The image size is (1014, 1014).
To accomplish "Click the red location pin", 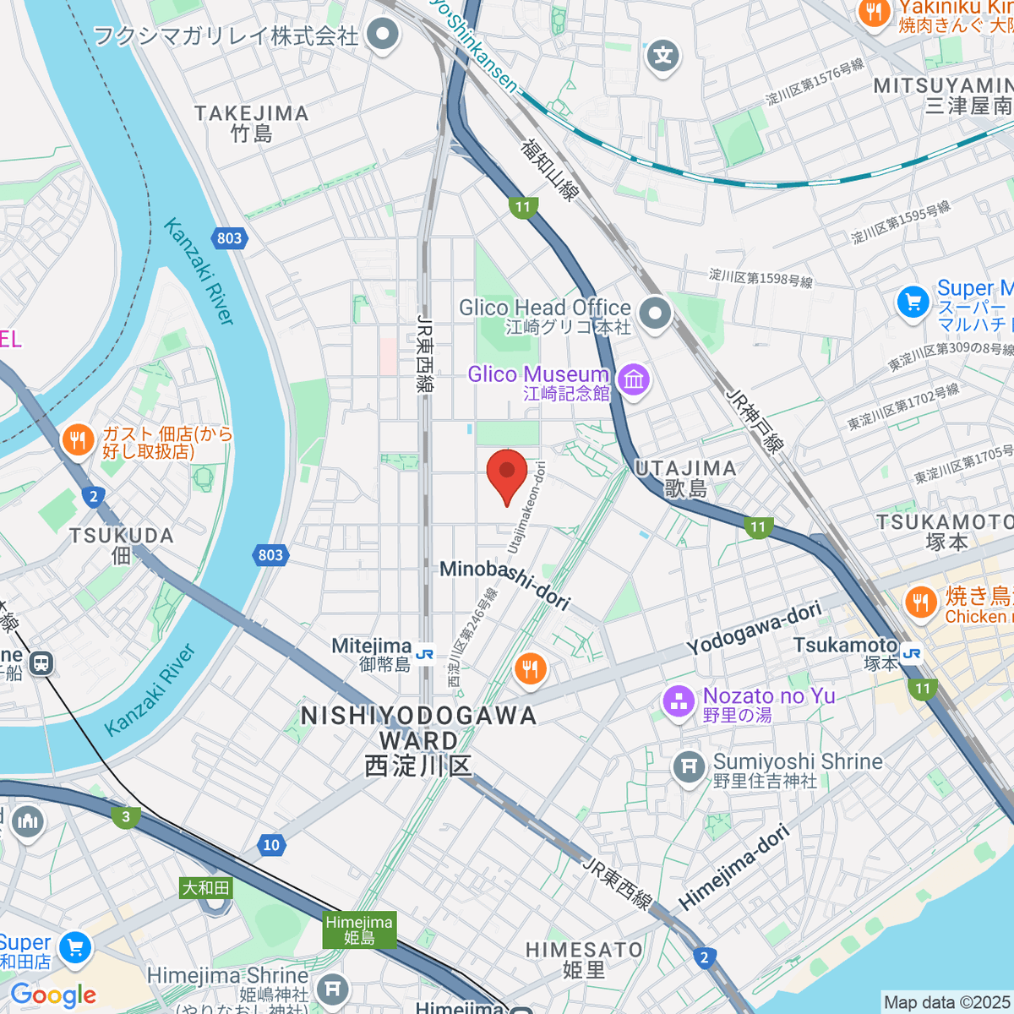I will (x=507, y=473).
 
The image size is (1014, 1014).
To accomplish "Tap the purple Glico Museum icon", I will (x=634, y=379).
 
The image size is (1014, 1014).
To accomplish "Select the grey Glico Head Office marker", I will (x=655, y=314).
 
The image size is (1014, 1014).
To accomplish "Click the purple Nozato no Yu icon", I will (x=678, y=701).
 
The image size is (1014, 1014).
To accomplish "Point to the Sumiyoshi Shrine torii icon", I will (x=690, y=767).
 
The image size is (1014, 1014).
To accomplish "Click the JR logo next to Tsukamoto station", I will (x=912, y=652).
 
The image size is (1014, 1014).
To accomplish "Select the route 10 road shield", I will (x=271, y=844).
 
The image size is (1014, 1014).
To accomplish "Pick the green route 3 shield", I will (x=126, y=816).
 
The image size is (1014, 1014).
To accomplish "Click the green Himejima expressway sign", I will (x=359, y=929).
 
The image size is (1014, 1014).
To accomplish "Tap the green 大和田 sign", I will (x=206, y=887).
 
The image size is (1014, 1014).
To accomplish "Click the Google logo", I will (x=52, y=995).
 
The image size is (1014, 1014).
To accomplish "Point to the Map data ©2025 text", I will (x=946, y=1002).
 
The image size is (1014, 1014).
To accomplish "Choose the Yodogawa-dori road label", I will (x=754, y=629).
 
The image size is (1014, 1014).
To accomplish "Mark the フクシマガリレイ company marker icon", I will (x=384, y=35).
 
